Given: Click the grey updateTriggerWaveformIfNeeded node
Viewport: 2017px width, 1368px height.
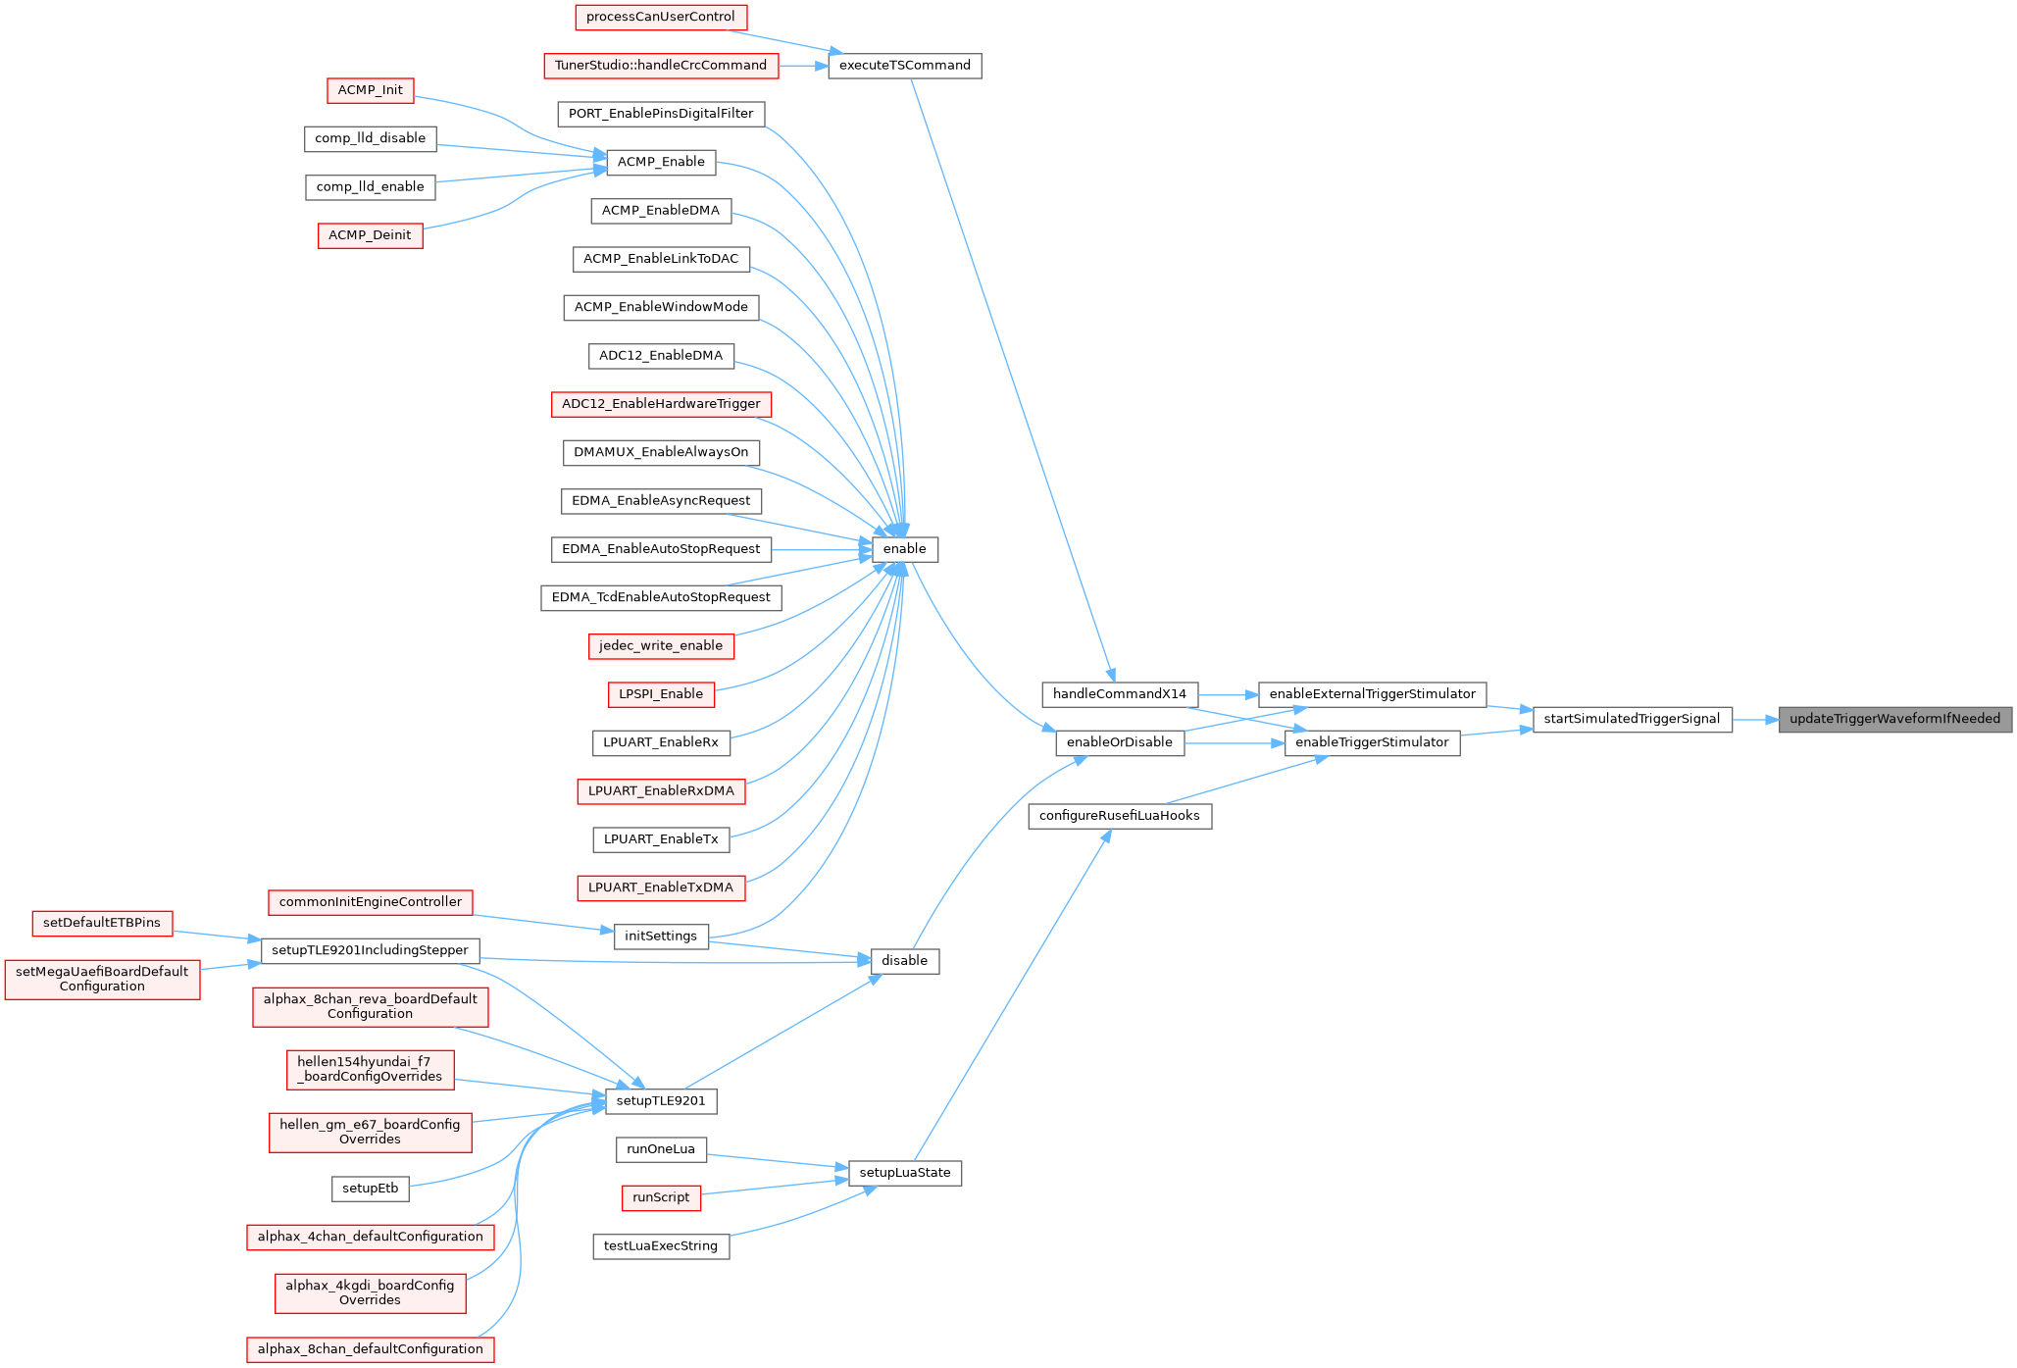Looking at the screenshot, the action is pyautogui.click(x=1894, y=719).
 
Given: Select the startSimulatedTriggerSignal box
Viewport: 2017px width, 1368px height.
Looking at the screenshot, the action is pyautogui.click(x=1632, y=719).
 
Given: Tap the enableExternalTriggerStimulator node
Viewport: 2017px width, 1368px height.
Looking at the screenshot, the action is pyautogui.click(x=1372, y=694).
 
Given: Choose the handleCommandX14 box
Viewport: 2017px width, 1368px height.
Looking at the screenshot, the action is pyautogui.click(x=1119, y=694).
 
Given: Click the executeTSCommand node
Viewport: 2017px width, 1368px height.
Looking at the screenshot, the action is pyautogui.click(x=904, y=66).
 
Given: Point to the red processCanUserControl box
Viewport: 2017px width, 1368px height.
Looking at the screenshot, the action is pyautogui.click(x=660, y=17).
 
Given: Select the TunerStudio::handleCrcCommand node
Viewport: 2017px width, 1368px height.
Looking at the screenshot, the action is pyautogui.click(x=661, y=66).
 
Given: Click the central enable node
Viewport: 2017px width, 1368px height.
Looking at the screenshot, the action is pyautogui.click(x=904, y=549).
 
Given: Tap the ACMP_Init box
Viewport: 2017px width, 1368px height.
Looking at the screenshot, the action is pyautogui.click(x=370, y=90).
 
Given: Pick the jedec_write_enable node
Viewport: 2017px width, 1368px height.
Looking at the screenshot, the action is pyautogui.click(x=661, y=646).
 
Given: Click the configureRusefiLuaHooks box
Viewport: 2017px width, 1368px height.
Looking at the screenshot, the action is pyautogui.click(x=1119, y=816).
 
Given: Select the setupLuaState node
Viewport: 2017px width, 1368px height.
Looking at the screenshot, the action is pyautogui.click(x=904, y=1173).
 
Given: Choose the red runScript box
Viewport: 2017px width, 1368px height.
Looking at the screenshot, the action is pyautogui.click(x=661, y=1197).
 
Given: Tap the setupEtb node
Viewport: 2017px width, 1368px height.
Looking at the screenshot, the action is pyautogui.click(x=370, y=1189).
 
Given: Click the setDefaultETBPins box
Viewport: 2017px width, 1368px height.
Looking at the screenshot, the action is pyautogui.click(x=102, y=923).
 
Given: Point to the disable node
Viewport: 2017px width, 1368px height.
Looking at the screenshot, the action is pyautogui.click(x=904, y=961).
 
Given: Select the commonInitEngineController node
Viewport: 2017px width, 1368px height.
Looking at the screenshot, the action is pyautogui.click(x=370, y=902).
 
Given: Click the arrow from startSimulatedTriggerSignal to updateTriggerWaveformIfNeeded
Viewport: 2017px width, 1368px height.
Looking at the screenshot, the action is pyautogui.click(x=1755, y=719).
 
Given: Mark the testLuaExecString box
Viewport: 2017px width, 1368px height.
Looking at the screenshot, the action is pyautogui.click(x=661, y=1246).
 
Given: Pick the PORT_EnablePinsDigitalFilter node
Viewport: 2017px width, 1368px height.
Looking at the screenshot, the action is pyautogui.click(x=661, y=114).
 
